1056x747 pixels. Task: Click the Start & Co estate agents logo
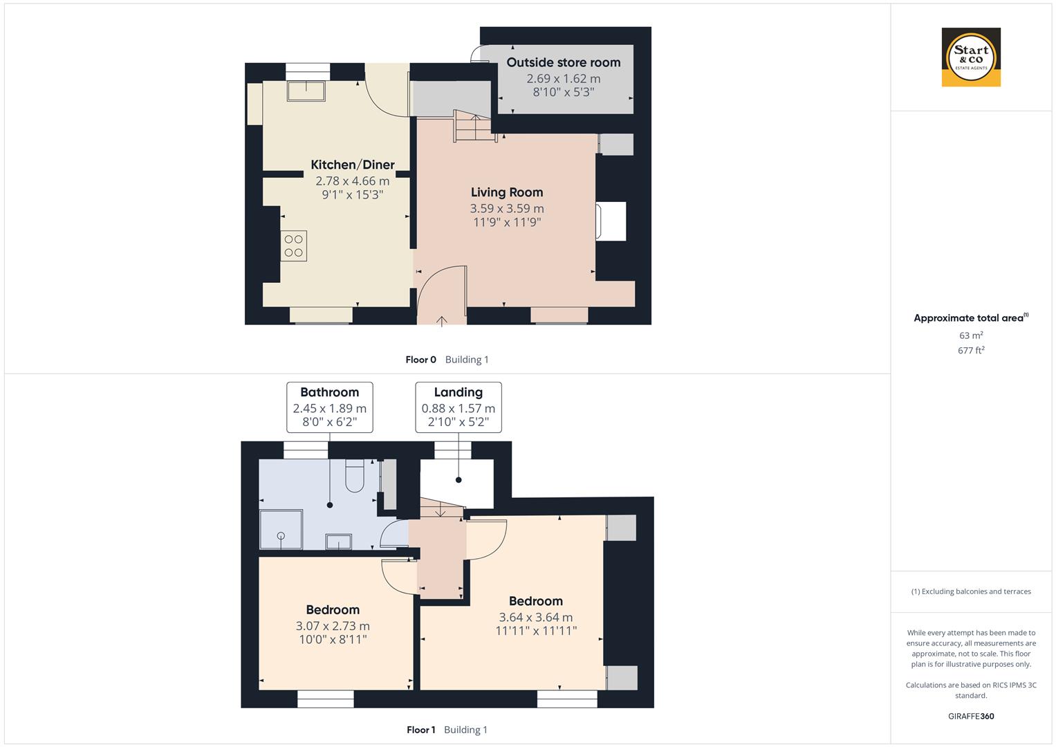pos(971,57)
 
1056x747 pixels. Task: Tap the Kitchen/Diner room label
pos(353,165)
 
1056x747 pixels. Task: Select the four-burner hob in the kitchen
pos(294,246)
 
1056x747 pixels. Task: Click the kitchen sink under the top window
pos(306,91)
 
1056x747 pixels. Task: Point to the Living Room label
pos(507,192)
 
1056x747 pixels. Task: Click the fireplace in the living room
pos(611,221)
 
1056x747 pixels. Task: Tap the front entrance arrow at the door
pos(442,320)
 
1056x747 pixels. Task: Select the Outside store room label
pos(563,62)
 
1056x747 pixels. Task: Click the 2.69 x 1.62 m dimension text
pos(563,79)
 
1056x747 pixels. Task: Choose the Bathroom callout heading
pos(329,392)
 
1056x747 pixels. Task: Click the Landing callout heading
pos(458,392)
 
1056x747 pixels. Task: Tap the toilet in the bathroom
pos(355,477)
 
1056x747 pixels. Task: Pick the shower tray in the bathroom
pos(281,529)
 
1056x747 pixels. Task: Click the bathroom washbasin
pos(338,541)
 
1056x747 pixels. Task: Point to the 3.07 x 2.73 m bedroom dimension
pos(333,626)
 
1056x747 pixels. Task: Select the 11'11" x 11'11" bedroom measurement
pos(536,631)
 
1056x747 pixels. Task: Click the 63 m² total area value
pos(971,335)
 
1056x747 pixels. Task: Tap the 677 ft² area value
pos(971,351)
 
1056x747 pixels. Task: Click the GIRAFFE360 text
pos(971,716)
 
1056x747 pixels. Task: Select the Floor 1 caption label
pos(420,730)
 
